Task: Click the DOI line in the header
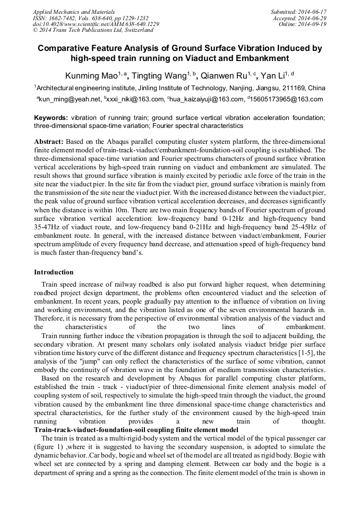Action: coord(96,24)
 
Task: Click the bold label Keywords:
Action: coord(51,118)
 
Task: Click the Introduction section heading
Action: coord(54,272)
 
